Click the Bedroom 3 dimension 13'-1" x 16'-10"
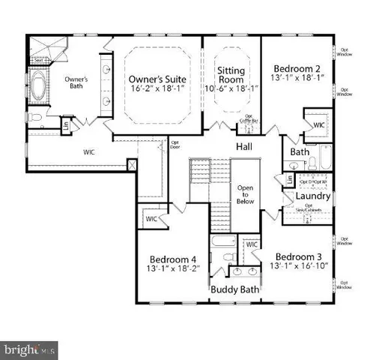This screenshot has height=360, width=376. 299,267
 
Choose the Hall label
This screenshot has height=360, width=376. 245,146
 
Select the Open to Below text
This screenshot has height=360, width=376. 245,197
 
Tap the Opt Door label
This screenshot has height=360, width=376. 175,144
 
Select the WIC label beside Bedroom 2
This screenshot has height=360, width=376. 318,124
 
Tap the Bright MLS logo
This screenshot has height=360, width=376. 28,349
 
